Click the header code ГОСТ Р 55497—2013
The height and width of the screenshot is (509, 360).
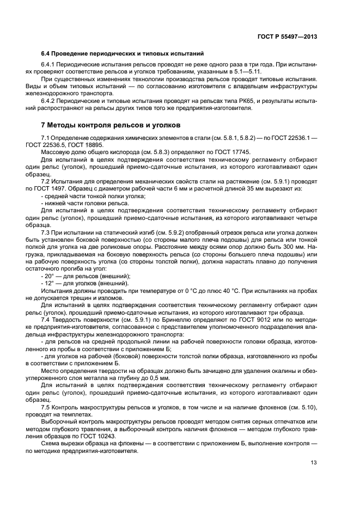pyautogui.click(x=288, y=36)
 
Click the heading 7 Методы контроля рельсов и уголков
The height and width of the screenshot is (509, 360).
pyautogui.click(x=112, y=125)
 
